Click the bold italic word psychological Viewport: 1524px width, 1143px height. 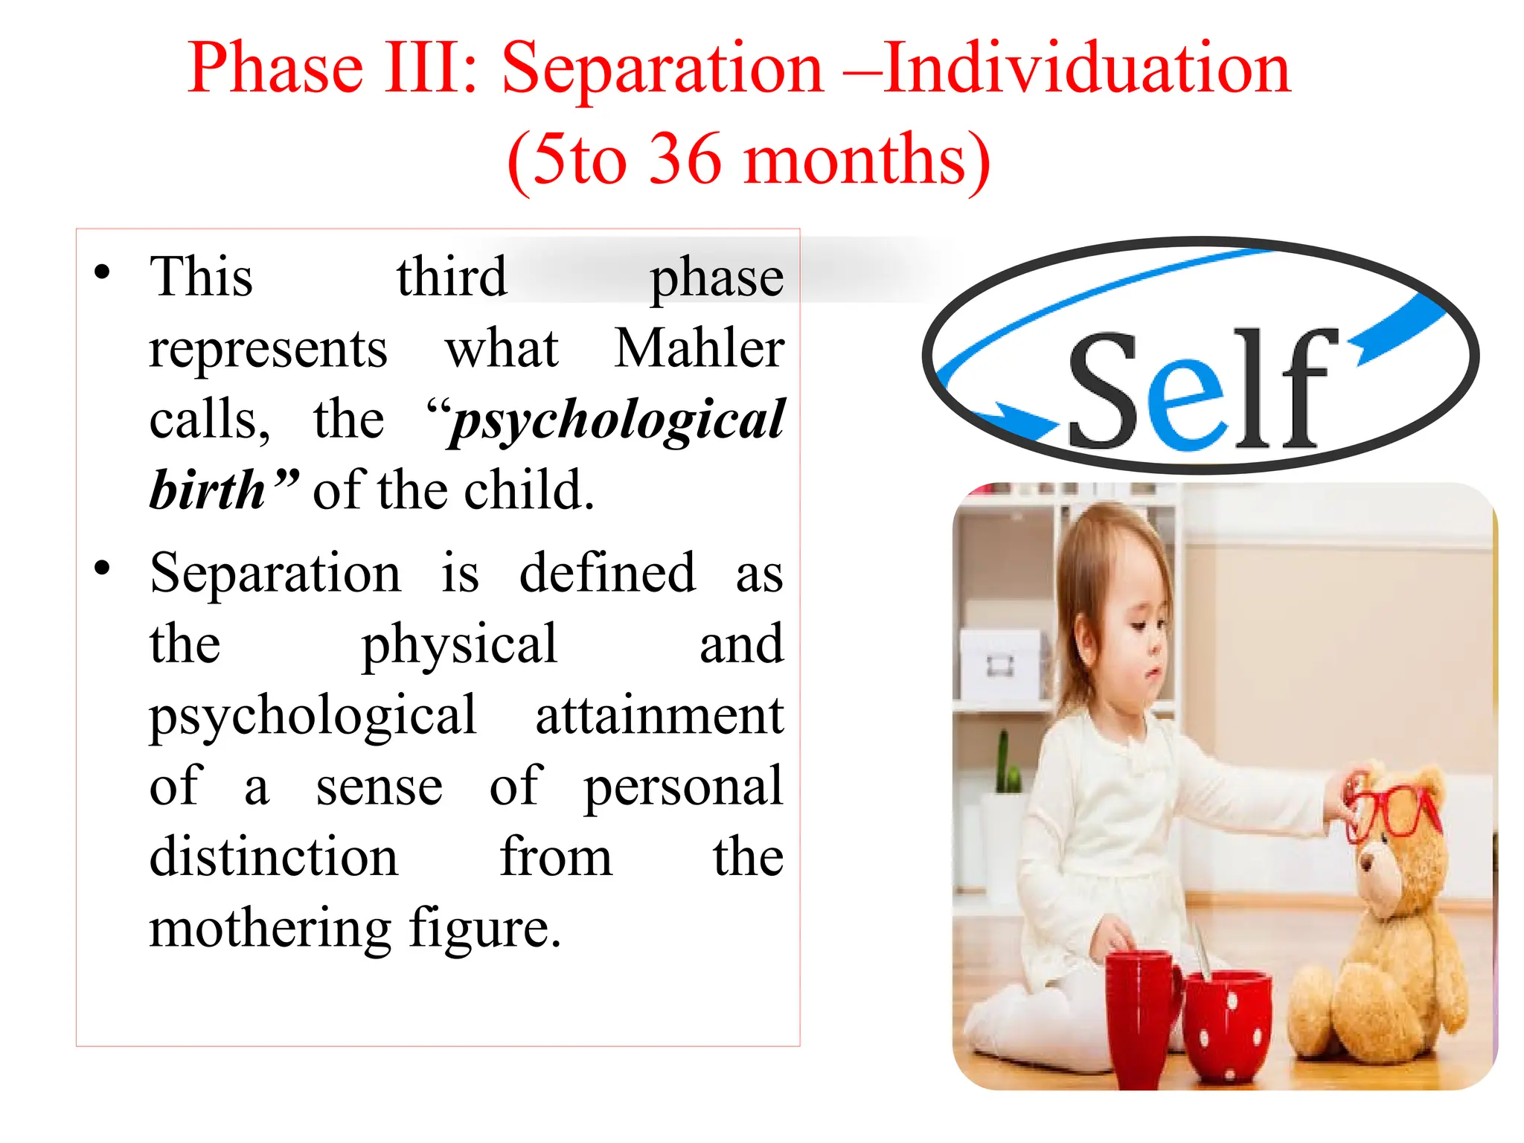pyautogui.click(x=618, y=421)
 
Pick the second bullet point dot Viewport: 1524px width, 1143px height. pyautogui.click(x=103, y=569)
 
